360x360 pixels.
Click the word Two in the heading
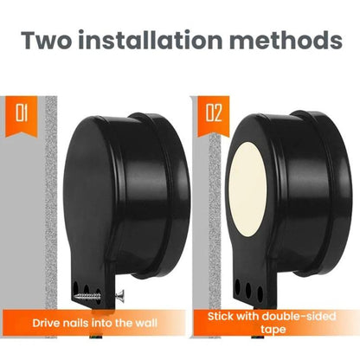pyautogui.click(x=46, y=40)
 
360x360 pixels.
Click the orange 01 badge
pyautogui.click(x=22, y=116)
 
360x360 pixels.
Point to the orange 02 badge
pyautogui.click(x=214, y=116)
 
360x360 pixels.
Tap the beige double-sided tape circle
pyautogui.click(x=247, y=189)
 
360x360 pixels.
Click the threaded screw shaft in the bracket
pyautogui.click(x=87, y=296)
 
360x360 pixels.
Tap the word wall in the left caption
pyautogui.click(x=146, y=323)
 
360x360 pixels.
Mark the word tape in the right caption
pyautogui.click(x=273, y=329)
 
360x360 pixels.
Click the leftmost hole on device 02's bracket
pyautogui.click(x=237, y=286)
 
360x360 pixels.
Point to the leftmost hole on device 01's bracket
pyautogui.click(x=75, y=287)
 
